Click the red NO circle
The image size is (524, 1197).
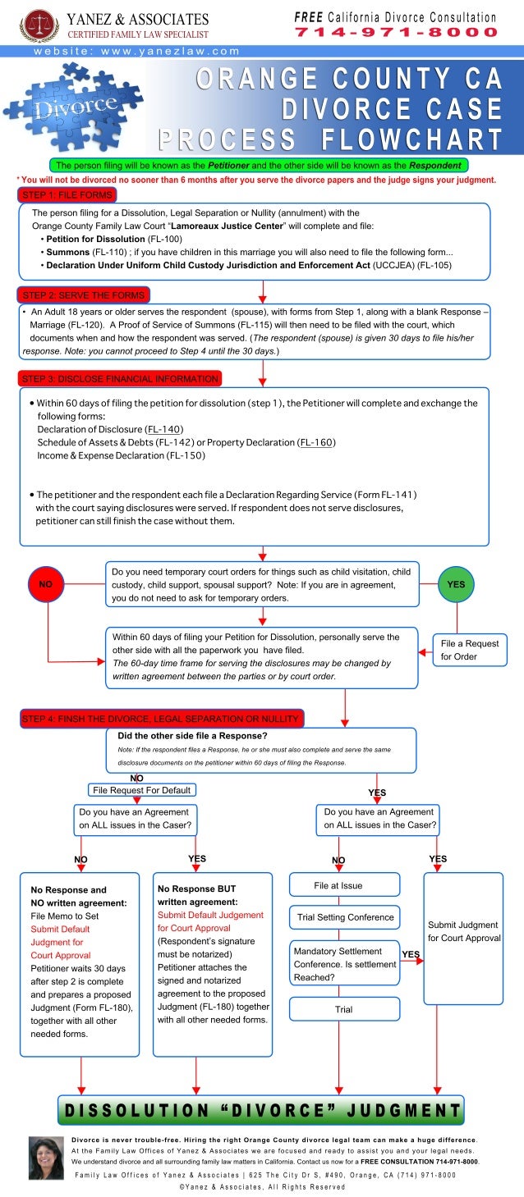click(45, 585)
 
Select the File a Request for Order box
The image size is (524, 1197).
click(470, 651)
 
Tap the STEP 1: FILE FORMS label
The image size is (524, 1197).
click(66, 194)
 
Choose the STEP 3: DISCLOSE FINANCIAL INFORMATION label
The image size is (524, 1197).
click(120, 378)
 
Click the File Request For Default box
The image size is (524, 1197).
click(142, 790)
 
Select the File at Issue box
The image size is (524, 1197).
click(344, 885)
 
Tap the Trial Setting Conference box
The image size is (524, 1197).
click(344, 917)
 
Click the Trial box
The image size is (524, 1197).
click(344, 1009)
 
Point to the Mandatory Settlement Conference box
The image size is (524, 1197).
click(344, 964)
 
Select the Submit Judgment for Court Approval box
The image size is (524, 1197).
click(463, 937)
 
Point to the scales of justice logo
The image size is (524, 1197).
click(39, 25)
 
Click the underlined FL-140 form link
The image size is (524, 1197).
click(163, 430)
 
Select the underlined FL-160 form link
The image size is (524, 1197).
click(317, 442)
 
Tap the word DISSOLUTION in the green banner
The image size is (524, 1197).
click(138, 1111)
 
